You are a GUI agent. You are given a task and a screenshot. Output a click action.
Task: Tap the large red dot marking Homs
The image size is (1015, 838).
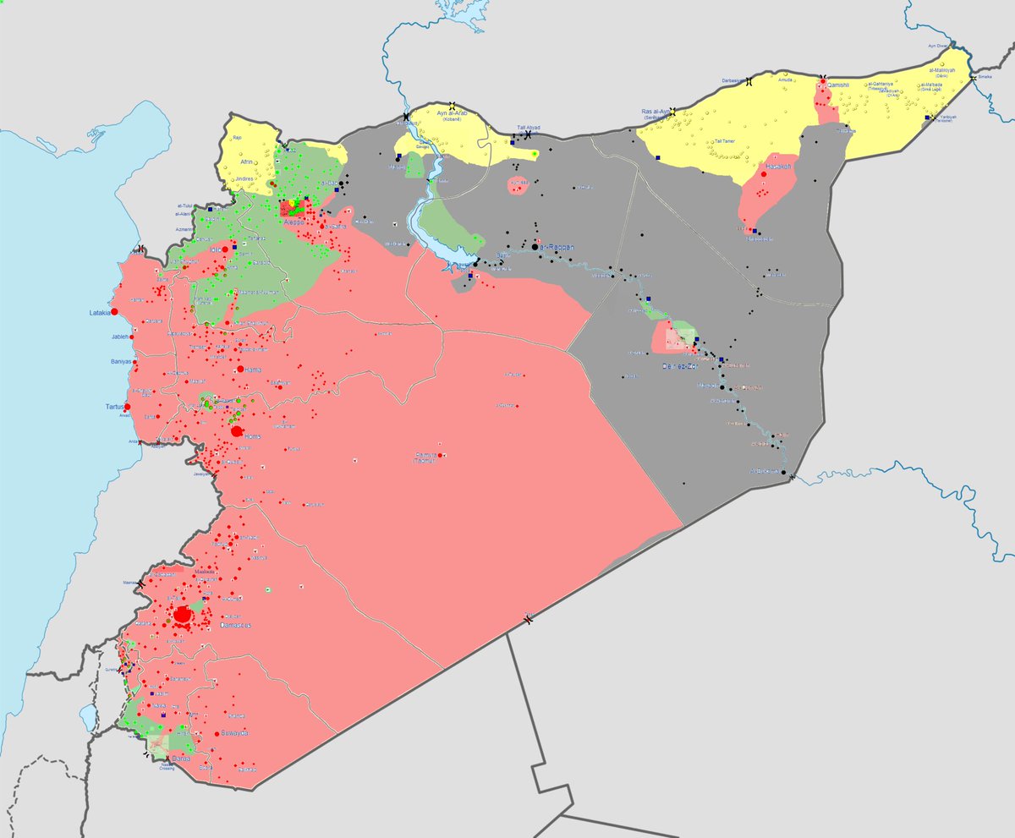[237, 432]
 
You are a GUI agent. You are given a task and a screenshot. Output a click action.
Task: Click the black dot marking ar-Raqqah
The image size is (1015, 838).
[535, 247]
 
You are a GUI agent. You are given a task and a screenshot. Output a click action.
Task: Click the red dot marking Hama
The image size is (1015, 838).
[240, 370]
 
